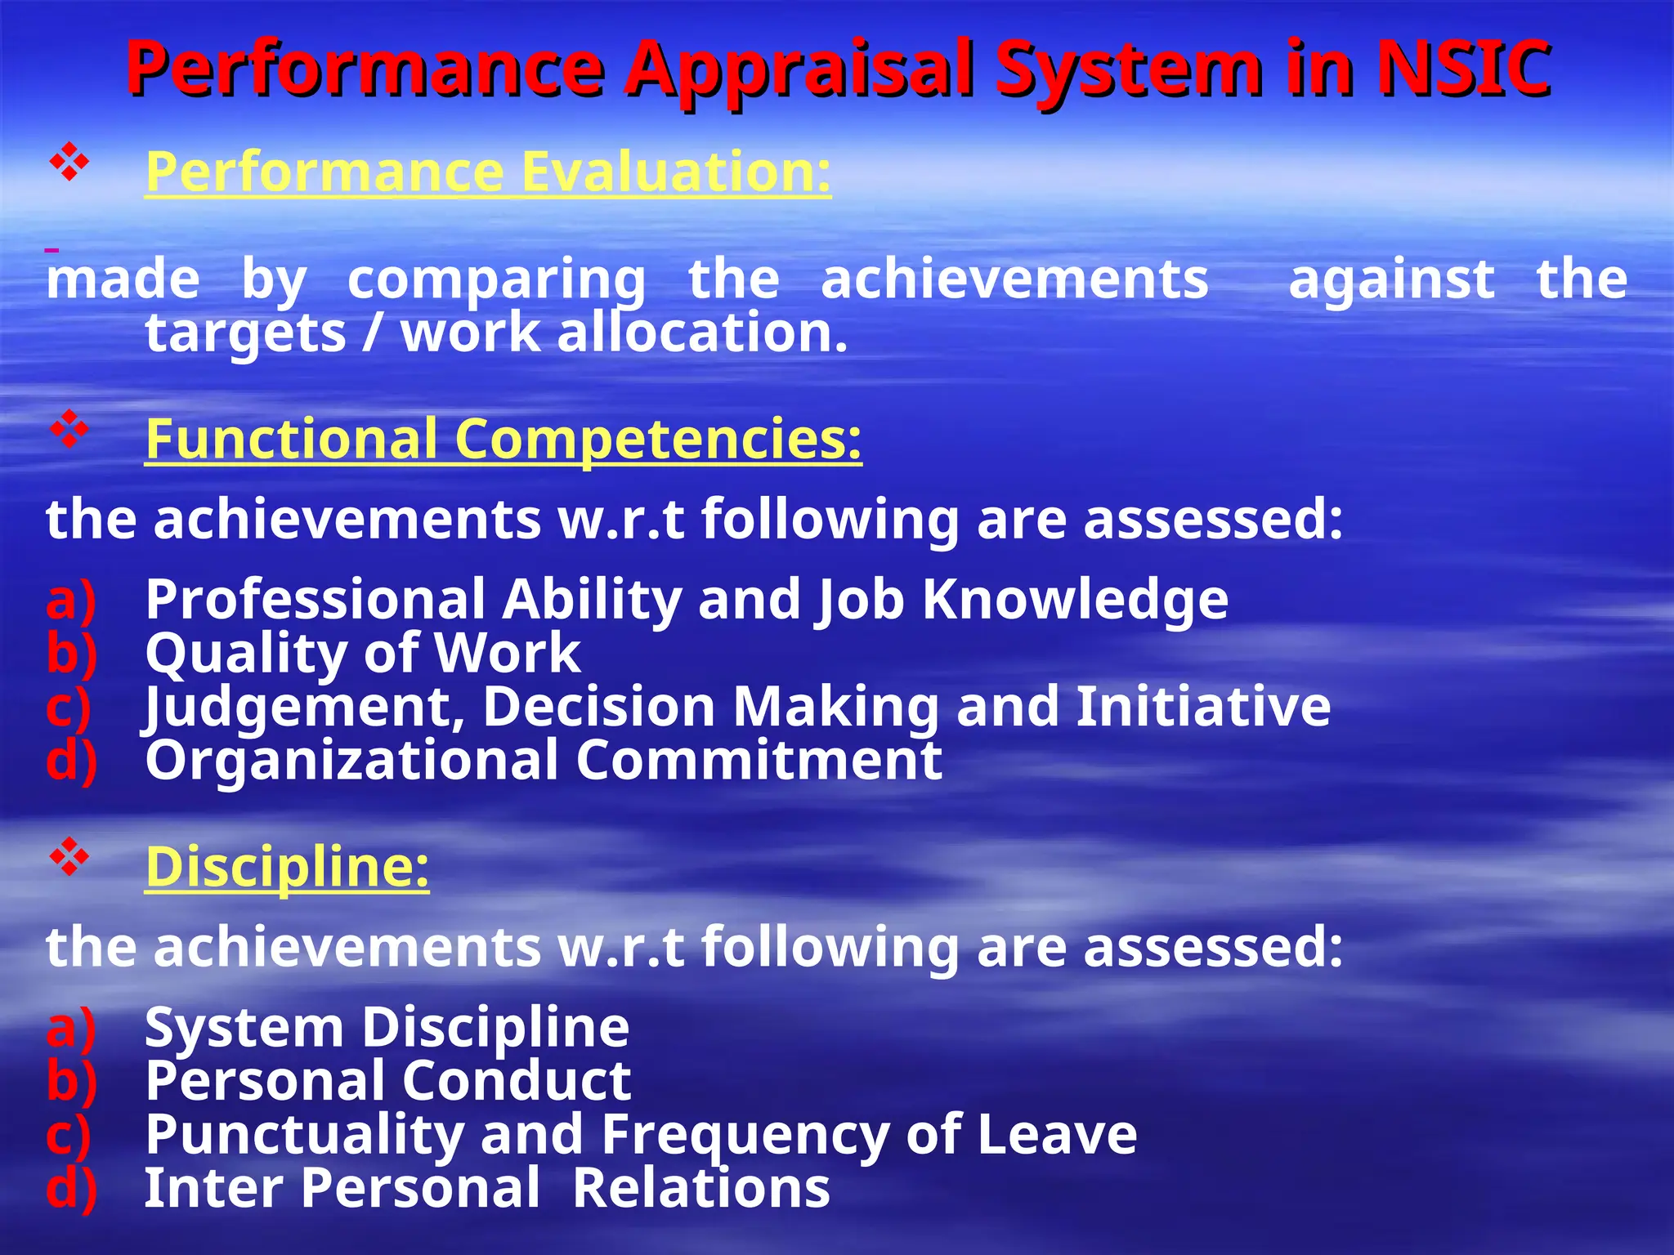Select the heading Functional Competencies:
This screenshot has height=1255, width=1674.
pyautogui.click(x=504, y=439)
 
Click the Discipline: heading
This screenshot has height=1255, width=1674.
pyautogui.click(x=287, y=866)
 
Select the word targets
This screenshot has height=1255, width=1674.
pyautogui.click(x=245, y=335)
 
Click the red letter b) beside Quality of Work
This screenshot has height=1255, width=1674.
pyautogui.click(x=72, y=654)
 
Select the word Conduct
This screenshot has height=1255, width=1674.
pyautogui.click(x=516, y=1081)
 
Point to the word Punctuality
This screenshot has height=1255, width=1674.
pyautogui.click(x=304, y=1136)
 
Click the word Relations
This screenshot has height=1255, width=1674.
pyautogui.click(x=700, y=1188)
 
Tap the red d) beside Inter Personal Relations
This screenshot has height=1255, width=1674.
pyautogui.click(x=72, y=1189)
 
